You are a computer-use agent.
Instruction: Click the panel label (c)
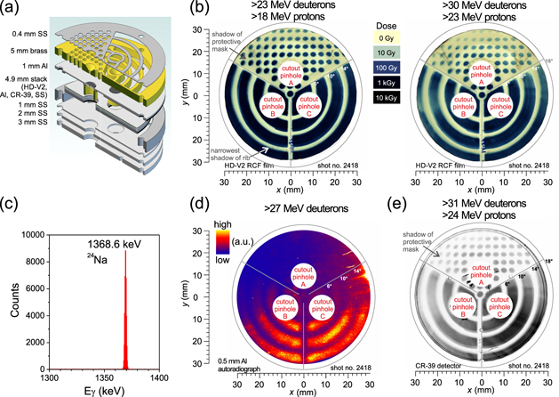click(x=12, y=210)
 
